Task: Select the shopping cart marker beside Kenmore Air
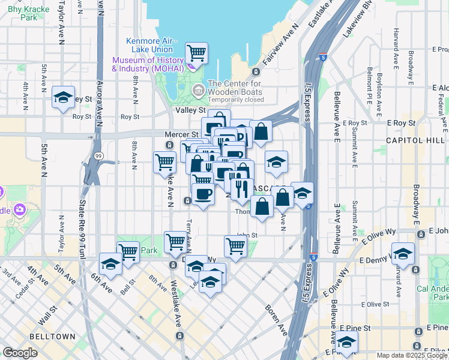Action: [197, 53]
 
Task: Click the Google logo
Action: [20, 353]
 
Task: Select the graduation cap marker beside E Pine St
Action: [346, 343]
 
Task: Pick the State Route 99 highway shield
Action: [98, 156]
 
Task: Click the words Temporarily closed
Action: [235, 100]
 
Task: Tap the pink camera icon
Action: [20, 209]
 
